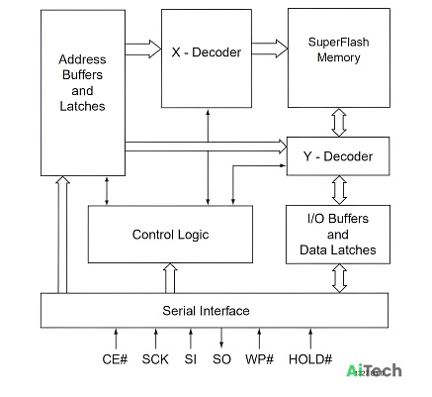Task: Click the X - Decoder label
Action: point(207,52)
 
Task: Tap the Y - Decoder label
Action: point(338,156)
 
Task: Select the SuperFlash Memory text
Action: point(338,50)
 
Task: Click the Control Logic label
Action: point(170,235)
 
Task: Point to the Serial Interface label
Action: point(206,311)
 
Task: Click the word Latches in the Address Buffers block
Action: point(82,106)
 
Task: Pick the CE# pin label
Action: point(115,359)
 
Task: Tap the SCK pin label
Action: point(155,359)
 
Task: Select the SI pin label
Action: point(191,359)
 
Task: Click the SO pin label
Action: point(221,359)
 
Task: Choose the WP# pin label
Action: point(259,359)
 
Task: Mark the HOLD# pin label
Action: point(310,359)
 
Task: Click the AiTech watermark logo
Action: point(374,370)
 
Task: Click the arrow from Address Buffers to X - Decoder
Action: point(143,49)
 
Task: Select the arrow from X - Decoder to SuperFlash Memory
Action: point(270,49)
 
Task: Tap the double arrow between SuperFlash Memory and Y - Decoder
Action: point(339,123)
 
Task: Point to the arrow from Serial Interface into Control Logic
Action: point(170,278)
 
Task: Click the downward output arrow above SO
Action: point(221,338)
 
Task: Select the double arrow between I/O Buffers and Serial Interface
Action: point(339,278)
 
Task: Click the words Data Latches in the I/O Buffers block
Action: point(338,249)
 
